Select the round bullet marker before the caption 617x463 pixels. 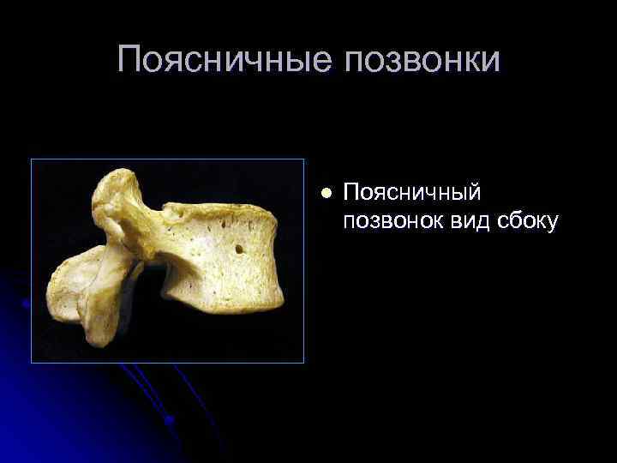click(x=324, y=193)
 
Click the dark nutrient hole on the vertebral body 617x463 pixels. click(x=239, y=250)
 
